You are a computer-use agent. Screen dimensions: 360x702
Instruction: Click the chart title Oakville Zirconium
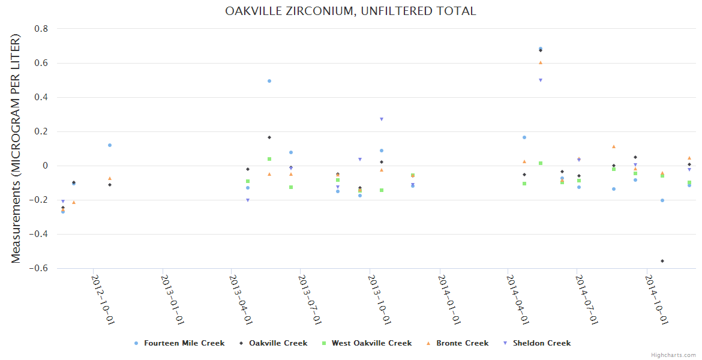point(350,11)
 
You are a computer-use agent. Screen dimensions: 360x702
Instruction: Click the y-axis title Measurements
point(16,148)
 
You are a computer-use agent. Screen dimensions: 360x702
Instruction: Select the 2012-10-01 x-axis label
point(103,299)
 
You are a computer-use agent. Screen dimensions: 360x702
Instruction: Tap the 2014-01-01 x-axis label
point(449,299)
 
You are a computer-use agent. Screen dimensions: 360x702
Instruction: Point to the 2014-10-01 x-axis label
point(656,299)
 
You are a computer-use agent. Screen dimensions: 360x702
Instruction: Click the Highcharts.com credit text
point(673,355)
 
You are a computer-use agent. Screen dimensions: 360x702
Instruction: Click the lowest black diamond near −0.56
point(662,261)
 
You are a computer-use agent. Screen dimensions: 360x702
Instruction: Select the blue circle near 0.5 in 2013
point(269,81)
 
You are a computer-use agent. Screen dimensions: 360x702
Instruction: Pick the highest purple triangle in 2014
point(541,80)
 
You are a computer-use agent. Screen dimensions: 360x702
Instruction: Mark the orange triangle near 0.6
point(541,62)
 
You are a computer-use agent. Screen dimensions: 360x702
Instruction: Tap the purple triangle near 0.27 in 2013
point(382,119)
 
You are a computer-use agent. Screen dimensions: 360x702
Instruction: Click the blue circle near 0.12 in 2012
point(110,145)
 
